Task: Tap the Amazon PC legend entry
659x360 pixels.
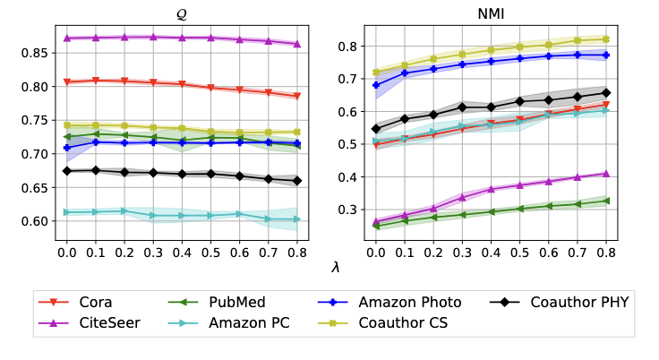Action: pyautogui.click(x=233, y=322)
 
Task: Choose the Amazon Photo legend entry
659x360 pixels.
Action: pyautogui.click(x=371, y=302)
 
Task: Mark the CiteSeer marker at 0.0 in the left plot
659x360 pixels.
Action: pyautogui.click(x=67, y=39)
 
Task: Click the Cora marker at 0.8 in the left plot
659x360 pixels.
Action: pyautogui.click(x=297, y=96)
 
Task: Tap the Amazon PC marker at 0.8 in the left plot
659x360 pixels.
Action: pyautogui.click(x=297, y=219)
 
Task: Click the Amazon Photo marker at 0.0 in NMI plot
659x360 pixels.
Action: pyautogui.click(x=375, y=86)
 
